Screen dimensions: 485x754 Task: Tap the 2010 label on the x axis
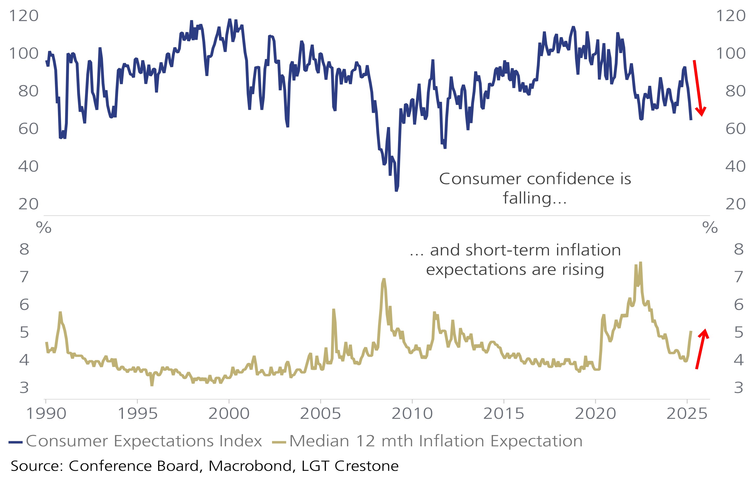click(x=412, y=414)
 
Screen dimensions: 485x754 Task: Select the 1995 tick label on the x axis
click(x=137, y=414)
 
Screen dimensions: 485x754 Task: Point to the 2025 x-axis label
click(x=687, y=414)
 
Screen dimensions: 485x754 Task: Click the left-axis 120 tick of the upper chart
click(x=24, y=16)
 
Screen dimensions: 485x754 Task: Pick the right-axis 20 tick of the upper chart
click(x=735, y=204)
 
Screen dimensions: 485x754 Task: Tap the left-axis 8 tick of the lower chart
click(x=24, y=249)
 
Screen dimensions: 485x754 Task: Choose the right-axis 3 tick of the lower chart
click(x=739, y=388)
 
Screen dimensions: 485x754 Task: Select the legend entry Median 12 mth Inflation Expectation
click(x=435, y=441)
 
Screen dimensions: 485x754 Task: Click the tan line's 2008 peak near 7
click(x=384, y=279)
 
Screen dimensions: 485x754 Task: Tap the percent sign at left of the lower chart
click(x=44, y=227)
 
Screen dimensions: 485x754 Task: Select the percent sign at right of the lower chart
click(x=710, y=227)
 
